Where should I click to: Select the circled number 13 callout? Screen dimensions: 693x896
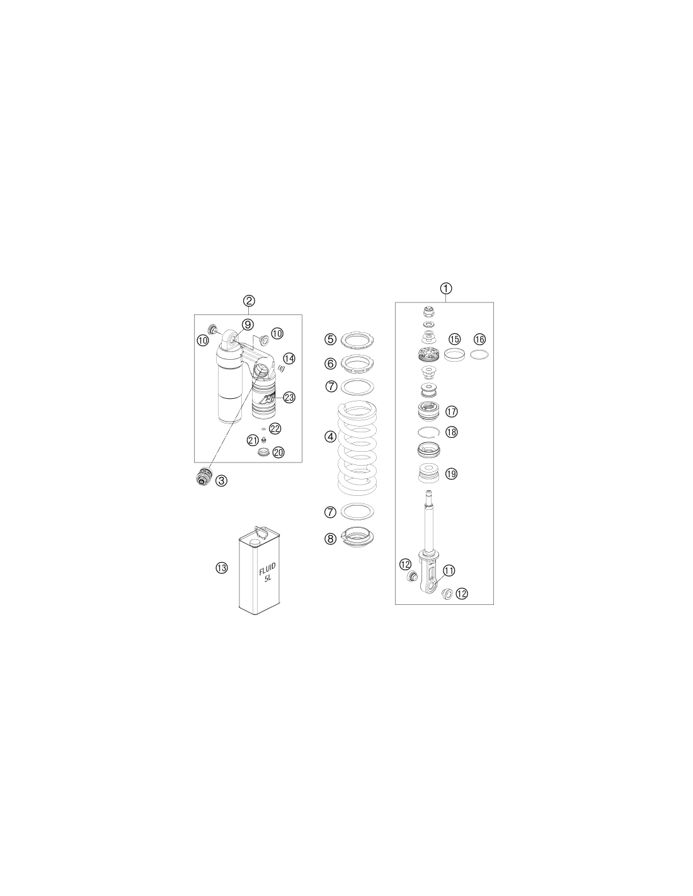222,568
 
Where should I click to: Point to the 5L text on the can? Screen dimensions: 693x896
268,578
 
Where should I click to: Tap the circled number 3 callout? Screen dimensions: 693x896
221,480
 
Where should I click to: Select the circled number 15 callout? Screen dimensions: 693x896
454,339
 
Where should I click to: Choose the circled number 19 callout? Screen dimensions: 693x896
452,474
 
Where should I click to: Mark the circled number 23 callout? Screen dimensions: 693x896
289,398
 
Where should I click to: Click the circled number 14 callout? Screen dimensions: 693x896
289,359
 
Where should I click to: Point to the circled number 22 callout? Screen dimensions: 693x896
275,428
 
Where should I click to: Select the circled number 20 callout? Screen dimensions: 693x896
278,452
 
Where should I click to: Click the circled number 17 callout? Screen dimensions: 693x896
452,411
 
